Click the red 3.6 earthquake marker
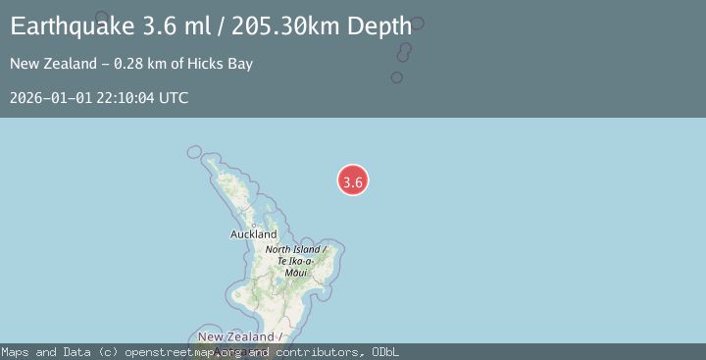tap(353, 180)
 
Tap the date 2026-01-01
tap(46, 98)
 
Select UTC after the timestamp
tap(173, 98)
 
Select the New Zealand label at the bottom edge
tap(240, 336)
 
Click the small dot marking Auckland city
tap(253, 225)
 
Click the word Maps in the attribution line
tap(17, 352)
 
